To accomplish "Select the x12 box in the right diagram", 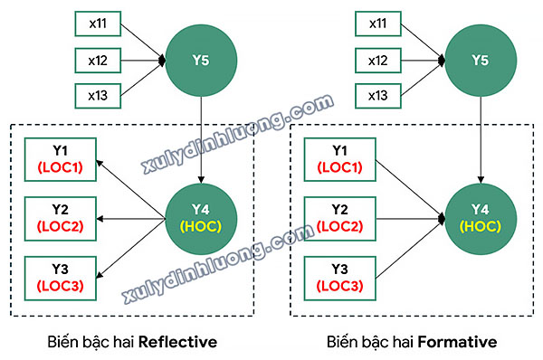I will pos(377,61).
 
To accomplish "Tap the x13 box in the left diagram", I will pos(98,94).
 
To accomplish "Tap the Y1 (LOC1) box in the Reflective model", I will pos(60,159).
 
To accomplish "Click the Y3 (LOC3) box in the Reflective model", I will pos(60,278).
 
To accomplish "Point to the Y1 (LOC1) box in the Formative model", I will pos(340,159).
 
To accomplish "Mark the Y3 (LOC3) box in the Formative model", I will pos(340,278).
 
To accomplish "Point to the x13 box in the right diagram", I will pos(377,94).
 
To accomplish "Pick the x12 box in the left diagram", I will pos(98,61).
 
